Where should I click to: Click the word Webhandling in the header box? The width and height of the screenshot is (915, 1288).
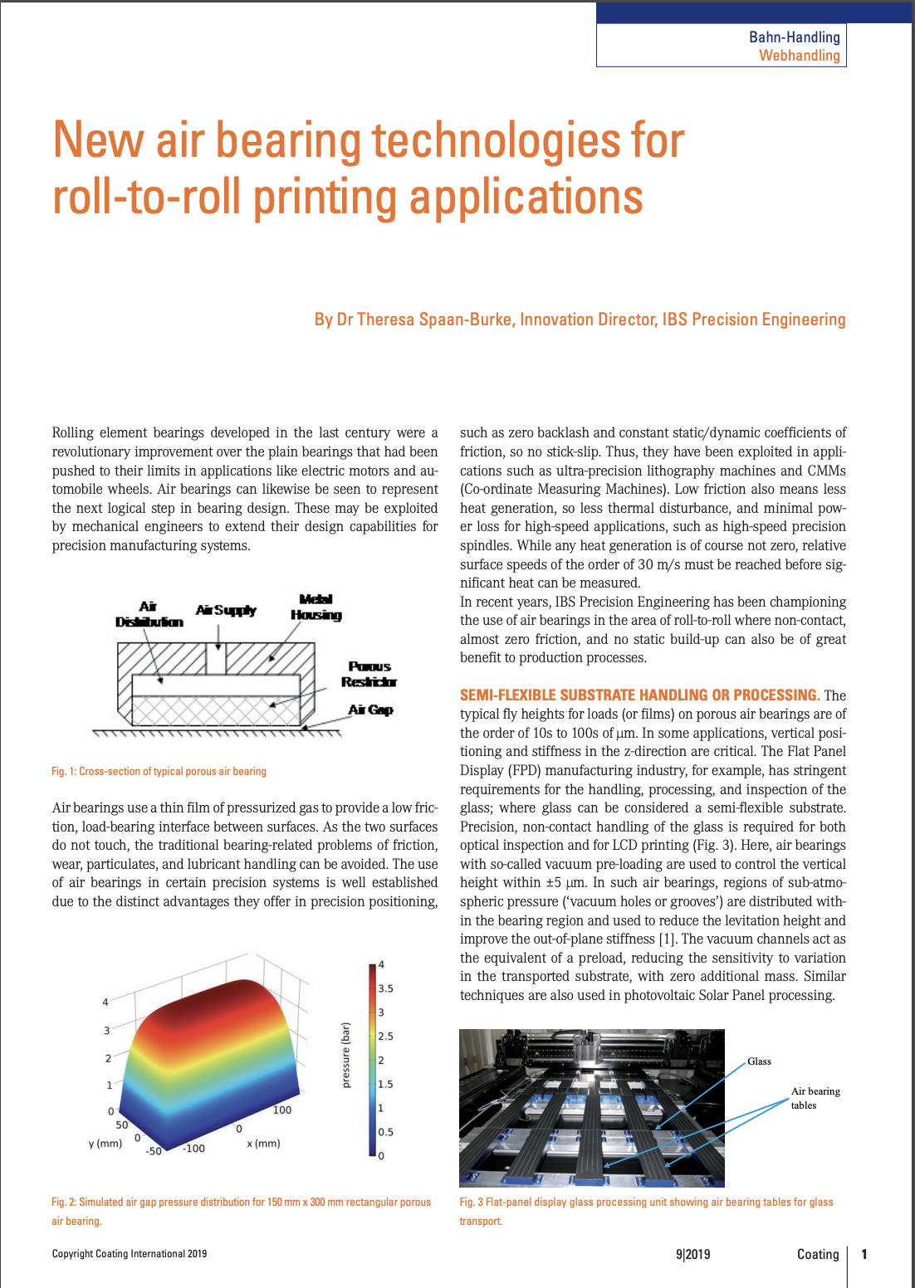pyautogui.click(x=799, y=56)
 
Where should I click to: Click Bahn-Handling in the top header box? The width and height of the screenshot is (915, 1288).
pyautogui.click(x=794, y=37)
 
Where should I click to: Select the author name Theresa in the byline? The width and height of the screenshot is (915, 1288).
pyautogui.click(x=385, y=320)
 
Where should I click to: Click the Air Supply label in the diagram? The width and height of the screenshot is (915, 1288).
pyautogui.click(x=226, y=610)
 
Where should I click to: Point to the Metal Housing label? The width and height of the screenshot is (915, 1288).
pyautogui.click(x=316, y=607)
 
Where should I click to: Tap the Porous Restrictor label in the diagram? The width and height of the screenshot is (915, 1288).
pyautogui.click(x=369, y=674)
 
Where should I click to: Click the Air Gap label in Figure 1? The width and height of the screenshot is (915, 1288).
pyautogui.click(x=370, y=710)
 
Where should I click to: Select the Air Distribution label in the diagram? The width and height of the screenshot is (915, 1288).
pyautogui.click(x=149, y=614)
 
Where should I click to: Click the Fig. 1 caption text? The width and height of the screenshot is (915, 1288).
pyautogui.click(x=159, y=771)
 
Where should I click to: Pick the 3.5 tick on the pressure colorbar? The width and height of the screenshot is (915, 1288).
pyautogui.click(x=385, y=988)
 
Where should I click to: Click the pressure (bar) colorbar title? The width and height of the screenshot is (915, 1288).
pyautogui.click(x=346, y=1055)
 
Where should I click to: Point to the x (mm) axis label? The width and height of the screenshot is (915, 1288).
pyautogui.click(x=263, y=1143)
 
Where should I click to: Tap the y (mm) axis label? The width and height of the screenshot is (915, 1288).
pyautogui.click(x=105, y=1143)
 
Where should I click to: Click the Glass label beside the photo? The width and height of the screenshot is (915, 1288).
pyautogui.click(x=759, y=1061)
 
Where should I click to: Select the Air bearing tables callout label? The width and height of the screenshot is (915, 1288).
pyautogui.click(x=815, y=1098)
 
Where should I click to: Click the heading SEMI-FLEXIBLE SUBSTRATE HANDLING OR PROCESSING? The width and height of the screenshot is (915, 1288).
pyautogui.click(x=639, y=695)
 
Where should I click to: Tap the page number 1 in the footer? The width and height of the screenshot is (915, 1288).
pyautogui.click(x=864, y=1254)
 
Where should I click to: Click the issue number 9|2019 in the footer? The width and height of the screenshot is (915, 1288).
pyautogui.click(x=692, y=1254)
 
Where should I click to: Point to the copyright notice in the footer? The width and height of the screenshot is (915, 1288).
pyautogui.click(x=130, y=1254)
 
